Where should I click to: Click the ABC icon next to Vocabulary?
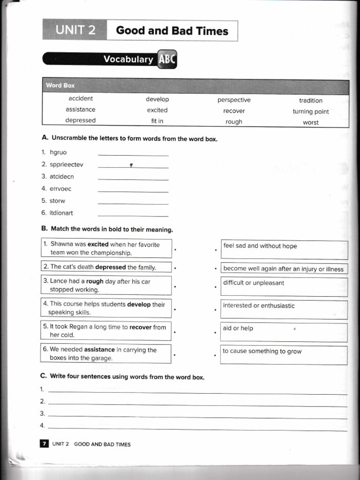click(x=167, y=60)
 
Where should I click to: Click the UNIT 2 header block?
click(x=75, y=31)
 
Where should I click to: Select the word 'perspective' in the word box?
click(x=234, y=100)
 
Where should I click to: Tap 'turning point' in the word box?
click(x=311, y=112)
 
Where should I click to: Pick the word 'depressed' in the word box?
click(x=80, y=120)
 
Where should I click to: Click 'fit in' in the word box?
click(x=157, y=121)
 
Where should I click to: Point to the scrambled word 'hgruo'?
click(x=58, y=152)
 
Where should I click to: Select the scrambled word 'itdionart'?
click(x=61, y=213)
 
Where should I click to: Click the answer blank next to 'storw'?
click(x=133, y=202)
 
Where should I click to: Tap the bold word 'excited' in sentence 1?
click(x=98, y=244)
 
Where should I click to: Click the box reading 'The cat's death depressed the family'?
click(x=106, y=267)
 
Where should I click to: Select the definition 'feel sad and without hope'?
click(x=260, y=246)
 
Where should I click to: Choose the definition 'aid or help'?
click(x=238, y=328)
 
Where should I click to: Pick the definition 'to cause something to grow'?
click(x=262, y=351)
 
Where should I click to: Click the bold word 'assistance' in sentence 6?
click(x=99, y=350)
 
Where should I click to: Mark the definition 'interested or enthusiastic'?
click(x=259, y=306)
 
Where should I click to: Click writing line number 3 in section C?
click(x=197, y=414)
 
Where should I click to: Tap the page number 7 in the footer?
click(x=44, y=444)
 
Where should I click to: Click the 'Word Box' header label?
click(x=60, y=86)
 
